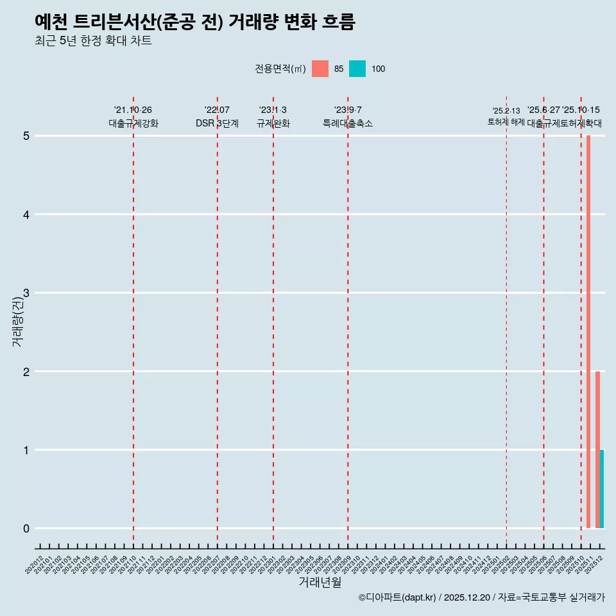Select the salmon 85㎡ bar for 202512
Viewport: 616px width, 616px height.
click(597, 449)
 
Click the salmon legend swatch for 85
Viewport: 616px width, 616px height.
click(320, 69)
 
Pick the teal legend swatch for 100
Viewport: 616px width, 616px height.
click(357, 69)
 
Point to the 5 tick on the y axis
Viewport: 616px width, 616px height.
click(26, 136)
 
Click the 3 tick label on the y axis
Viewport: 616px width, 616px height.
click(26, 293)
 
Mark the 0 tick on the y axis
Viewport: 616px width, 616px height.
click(26, 529)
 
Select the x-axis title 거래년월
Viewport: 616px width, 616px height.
click(320, 582)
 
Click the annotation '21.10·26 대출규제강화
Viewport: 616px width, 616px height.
click(133, 117)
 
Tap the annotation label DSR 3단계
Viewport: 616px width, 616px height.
click(217, 123)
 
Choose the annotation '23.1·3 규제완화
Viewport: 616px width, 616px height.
click(273, 117)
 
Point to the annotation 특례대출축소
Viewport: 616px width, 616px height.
click(347, 123)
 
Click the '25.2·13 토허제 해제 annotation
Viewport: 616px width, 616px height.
click(506, 116)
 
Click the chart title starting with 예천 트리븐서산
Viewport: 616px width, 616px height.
click(194, 22)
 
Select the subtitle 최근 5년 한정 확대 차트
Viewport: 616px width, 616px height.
click(93, 41)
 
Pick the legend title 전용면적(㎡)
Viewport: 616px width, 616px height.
click(280, 69)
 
